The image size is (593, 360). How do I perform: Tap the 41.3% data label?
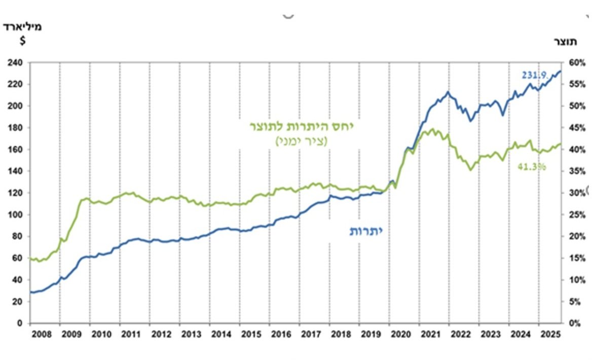coord(532,166)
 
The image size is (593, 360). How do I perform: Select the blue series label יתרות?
coord(365,231)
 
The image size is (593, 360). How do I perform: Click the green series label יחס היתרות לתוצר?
coord(302,127)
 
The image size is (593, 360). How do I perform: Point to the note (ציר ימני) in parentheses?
coord(302,141)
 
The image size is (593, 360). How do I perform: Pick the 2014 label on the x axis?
coord(221,335)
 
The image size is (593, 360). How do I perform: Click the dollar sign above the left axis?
coord(22,41)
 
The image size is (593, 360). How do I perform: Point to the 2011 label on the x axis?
coord(131,335)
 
